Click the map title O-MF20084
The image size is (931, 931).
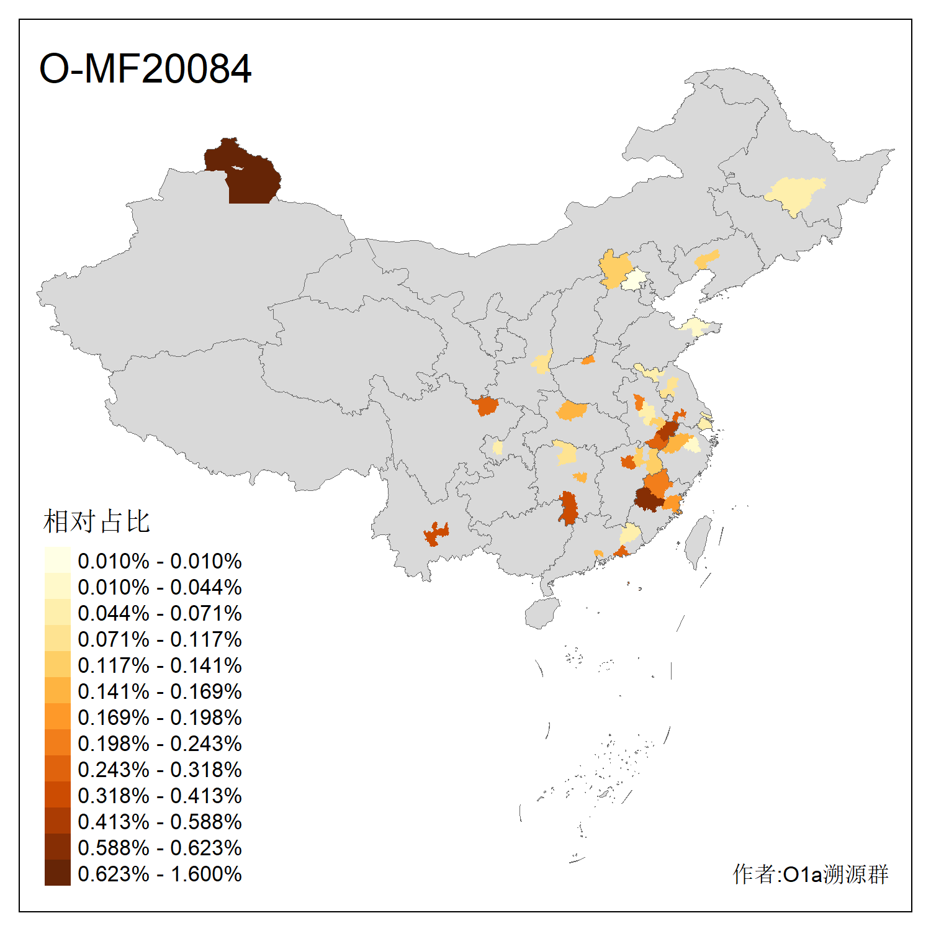click(145, 68)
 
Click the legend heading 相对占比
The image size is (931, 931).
click(97, 521)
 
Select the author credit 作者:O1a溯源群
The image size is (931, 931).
click(810, 874)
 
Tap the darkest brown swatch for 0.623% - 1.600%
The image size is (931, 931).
click(57, 873)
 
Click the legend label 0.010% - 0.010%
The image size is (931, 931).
click(160, 561)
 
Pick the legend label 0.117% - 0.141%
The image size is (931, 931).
click(160, 665)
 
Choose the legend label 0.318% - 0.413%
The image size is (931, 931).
click(160, 796)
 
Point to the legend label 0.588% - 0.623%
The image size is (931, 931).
click(160, 848)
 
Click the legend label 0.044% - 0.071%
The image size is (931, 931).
click(160, 613)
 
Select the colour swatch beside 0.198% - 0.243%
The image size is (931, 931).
click(57, 743)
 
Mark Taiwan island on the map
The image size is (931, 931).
click(699, 540)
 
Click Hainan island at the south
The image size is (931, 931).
click(542, 613)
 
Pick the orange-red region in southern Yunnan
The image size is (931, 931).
click(436, 534)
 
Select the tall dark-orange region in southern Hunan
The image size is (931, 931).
click(567, 508)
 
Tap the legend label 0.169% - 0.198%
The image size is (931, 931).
click(160, 717)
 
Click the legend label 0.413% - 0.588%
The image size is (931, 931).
click(160, 822)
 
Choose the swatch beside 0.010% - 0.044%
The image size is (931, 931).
click(57, 587)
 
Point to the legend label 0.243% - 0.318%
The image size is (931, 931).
click(160, 770)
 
